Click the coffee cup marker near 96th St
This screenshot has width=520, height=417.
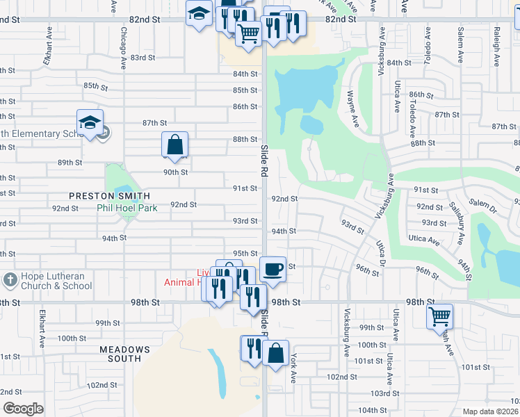click(x=273, y=269)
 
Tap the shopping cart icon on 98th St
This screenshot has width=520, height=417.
click(x=440, y=316)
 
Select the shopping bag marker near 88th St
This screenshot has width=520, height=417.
click(x=174, y=145)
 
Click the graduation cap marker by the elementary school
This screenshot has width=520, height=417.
click(x=90, y=122)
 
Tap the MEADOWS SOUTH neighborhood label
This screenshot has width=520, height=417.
click(x=124, y=354)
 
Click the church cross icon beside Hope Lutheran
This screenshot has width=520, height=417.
click(x=10, y=280)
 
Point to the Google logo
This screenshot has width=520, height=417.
click(x=23, y=408)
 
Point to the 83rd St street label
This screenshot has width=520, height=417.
click(x=142, y=58)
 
